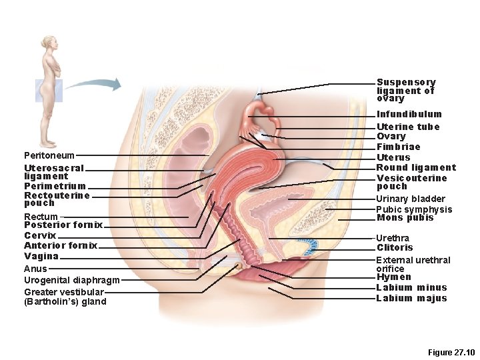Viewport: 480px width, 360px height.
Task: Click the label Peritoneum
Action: [49, 155]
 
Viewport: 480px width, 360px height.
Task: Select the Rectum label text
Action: [41, 217]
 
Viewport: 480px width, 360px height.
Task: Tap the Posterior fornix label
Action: [63, 225]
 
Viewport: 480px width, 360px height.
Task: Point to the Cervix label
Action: [40, 236]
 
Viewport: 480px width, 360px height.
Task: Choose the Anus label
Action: [35, 269]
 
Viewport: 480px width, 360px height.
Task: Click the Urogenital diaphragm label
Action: [71, 281]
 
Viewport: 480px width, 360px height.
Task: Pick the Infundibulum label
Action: [409, 115]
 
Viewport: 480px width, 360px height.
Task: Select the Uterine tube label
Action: [408, 127]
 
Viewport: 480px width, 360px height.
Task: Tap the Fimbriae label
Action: [398, 147]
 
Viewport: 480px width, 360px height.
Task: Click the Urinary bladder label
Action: [410, 199]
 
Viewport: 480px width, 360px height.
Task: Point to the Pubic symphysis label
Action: [414, 209]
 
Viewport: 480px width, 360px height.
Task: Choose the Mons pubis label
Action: [405, 218]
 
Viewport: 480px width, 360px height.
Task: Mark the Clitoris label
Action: [395, 248]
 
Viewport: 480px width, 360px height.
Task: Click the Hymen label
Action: [393, 277]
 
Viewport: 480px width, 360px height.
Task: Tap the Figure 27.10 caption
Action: [451, 351]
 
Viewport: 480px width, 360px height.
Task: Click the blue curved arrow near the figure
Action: [93, 84]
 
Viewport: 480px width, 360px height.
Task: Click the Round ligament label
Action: [416, 167]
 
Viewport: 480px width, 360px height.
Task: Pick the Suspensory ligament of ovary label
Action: [405, 90]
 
